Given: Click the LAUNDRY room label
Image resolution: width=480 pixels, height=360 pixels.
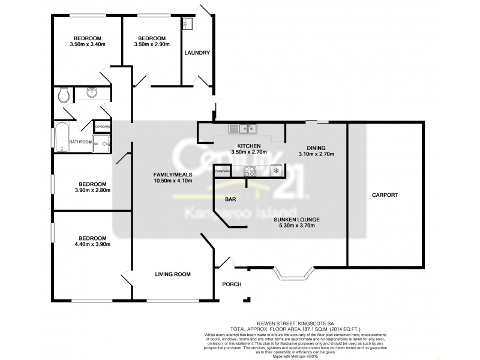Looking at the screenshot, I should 197,53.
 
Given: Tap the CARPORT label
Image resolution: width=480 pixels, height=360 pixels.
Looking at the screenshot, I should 385,195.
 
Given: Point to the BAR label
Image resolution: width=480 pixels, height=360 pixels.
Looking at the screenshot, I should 230,199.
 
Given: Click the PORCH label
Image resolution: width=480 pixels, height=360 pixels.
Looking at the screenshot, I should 232,284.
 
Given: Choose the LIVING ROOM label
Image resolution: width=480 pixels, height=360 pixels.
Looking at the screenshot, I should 173,274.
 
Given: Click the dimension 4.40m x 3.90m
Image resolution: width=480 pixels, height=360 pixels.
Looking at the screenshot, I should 91,244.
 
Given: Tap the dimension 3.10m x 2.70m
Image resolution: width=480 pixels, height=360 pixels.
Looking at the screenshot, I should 316,154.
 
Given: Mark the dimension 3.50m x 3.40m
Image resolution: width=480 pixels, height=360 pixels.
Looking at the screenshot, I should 88,44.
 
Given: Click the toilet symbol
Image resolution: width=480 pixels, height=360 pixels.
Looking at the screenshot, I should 64,94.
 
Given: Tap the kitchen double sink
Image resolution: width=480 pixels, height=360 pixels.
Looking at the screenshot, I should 243,128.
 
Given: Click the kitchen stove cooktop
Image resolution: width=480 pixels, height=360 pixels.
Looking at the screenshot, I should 251,170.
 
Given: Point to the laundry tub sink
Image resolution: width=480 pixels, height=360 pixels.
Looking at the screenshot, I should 188,24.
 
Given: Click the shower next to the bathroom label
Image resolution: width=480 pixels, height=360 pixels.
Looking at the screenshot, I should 103,143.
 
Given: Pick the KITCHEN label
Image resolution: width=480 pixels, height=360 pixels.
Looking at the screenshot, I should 248,146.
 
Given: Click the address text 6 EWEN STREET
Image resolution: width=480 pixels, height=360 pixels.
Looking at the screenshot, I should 278,322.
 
